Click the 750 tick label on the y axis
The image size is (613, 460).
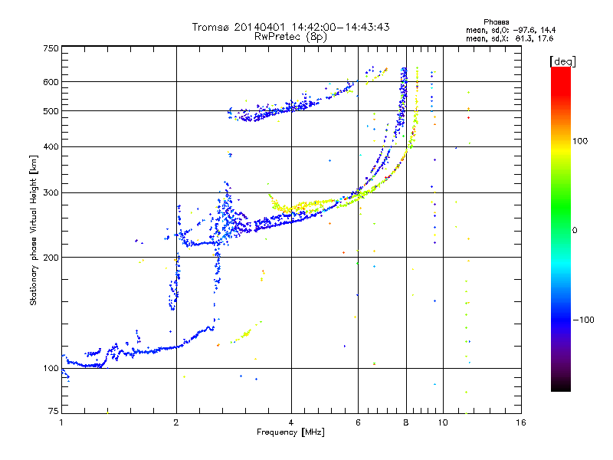(51, 48)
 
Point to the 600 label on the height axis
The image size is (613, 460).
(51, 82)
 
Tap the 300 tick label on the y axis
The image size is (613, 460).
(51, 193)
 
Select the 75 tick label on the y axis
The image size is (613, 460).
(53, 411)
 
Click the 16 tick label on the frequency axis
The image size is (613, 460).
(521, 422)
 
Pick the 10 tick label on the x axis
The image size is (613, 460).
(443, 422)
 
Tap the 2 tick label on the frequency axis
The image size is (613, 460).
(176, 422)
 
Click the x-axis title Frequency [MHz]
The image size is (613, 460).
(290, 432)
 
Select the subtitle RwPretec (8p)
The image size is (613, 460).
(290, 37)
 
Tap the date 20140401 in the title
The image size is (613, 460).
(260, 27)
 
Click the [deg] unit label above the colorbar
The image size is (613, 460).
(562, 62)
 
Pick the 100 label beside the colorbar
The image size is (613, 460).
(580, 141)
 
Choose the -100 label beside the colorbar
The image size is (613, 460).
(583, 320)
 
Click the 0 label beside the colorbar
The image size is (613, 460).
(575, 231)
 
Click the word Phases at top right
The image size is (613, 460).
(496, 22)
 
